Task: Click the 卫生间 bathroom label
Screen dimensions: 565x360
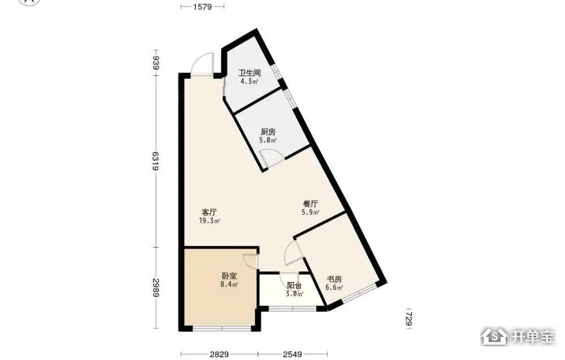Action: click(x=249, y=73)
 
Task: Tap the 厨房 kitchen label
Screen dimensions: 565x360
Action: click(x=268, y=132)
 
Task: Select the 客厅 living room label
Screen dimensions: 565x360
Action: click(x=210, y=212)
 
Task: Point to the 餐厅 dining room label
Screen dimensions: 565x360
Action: click(x=310, y=204)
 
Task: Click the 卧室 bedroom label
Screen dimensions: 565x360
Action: click(x=229, y=276)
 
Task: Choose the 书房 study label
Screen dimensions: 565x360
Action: click(x=334, y=279)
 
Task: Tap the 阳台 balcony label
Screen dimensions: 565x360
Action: click(x=294, y=286)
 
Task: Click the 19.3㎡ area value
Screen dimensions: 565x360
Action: click(x=210, y=221)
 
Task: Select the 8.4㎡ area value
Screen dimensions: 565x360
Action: click(x=229, y=285)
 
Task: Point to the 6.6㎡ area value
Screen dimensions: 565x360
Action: click(x=334, y=288)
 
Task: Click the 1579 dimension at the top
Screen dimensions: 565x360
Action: click(x=202, y=6)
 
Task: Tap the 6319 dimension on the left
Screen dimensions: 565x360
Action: click(x=156, y=161)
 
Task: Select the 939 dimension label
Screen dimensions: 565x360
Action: click(x=156, y=62)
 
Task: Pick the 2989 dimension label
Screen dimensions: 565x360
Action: click(x=156, y=288)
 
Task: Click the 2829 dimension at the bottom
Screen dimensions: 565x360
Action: click(x=219, y=354)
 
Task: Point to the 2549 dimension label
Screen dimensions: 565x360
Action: click(x=292, y=354)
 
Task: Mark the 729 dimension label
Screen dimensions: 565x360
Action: click(x=408, y=319)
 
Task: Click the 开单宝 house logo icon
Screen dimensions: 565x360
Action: click(x=494, y=337)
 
